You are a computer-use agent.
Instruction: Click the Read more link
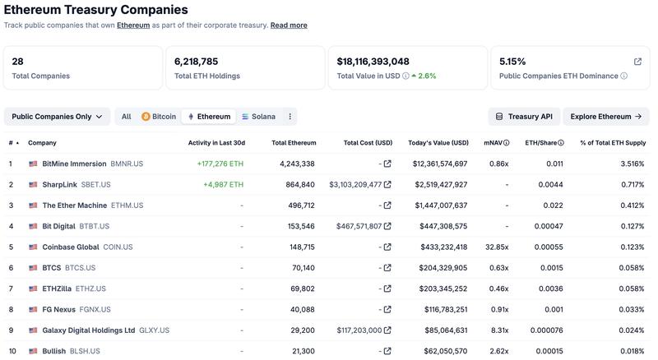tap(289, 25)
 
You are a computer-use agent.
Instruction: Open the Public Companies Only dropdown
tap(57, 117)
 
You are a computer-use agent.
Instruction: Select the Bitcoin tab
tap(159, 117)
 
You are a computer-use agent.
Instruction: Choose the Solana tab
tap(258, 117)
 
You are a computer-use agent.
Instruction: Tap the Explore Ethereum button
tap(605, 117)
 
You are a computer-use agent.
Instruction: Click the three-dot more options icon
tap(290, 117)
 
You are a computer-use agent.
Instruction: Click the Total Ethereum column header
tap(293, 143)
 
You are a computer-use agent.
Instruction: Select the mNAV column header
tap(496, 143)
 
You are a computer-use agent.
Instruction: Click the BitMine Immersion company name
tap(74, 164)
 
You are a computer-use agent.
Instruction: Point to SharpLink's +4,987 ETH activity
tap(223, 184)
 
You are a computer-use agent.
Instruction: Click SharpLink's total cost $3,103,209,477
tap(355, 184)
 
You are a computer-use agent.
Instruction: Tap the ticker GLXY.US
tap(154, 330)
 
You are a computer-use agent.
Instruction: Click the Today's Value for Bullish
tap(440, 351)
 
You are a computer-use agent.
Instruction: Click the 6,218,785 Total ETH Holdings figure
tap(197, 62)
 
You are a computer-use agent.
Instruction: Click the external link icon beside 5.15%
tap(637, 62)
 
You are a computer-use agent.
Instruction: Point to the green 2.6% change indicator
tap(424, 76)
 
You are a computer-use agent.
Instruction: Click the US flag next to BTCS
tap(33, 268)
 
